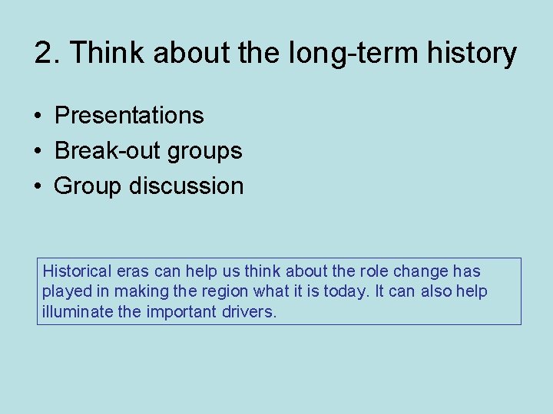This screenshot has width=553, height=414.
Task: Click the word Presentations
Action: (x=129, y=116)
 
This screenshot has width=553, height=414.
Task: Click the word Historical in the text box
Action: (x=77, y=271)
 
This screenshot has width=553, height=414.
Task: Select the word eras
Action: (x=133, y=271)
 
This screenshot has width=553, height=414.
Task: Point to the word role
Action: (x=373, y=271)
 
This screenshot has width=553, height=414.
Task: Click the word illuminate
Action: (x=75, y=313)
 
